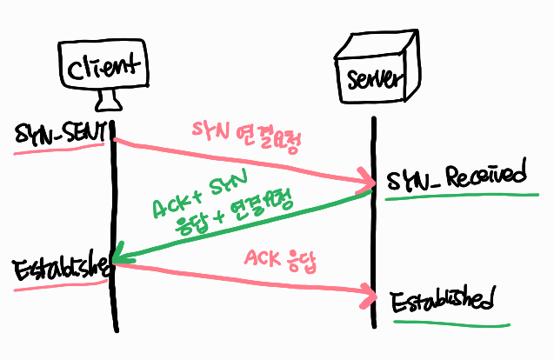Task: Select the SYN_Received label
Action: [x=457, y=177]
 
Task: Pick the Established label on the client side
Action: [x=59, y=266]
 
